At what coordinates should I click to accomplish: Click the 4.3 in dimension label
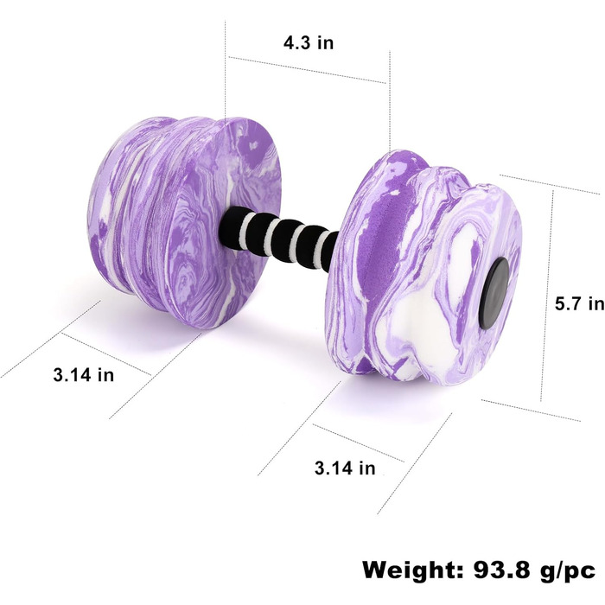click(x=309, y=42)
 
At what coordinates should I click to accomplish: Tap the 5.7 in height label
click(x=580, y=304)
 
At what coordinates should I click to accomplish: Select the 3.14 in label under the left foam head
click(x=84, y=374)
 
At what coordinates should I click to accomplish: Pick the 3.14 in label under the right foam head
click(x=345, y=468)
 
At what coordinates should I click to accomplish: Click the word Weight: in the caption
click(x=413, y=570)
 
